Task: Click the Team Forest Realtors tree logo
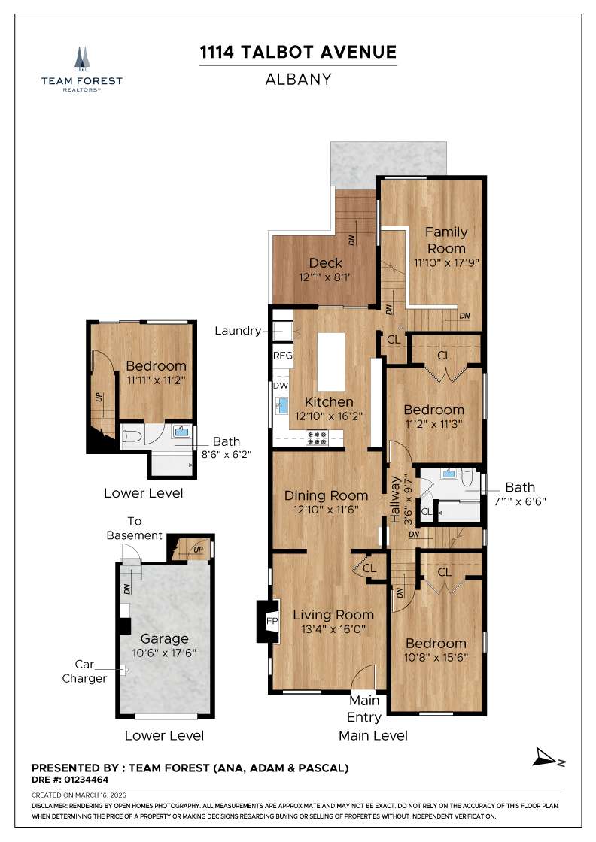(81, 58)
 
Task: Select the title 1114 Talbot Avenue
(297, 52)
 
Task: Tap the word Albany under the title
(297, 79)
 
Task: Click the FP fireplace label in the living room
(272, 622)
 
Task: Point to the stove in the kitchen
(317, 437)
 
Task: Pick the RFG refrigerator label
(282, 356)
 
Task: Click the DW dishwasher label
(280, 386)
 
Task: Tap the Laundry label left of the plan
(237, 330)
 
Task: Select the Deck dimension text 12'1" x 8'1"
(325, 277)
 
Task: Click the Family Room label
(446, 240)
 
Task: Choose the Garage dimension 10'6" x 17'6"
(163, 653)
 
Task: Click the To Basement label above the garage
(134, 528)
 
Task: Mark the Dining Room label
(326, 495)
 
